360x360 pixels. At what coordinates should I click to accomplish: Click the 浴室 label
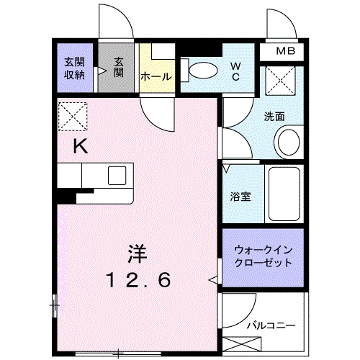(240, 197)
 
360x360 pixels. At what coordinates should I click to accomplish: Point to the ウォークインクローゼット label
(264, 256)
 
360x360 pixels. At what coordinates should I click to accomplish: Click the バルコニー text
(271, 325)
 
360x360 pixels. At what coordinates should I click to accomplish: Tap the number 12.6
(139, 281)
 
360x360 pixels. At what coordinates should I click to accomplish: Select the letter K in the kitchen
(81, 146)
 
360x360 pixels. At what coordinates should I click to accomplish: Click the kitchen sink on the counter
(117, 175)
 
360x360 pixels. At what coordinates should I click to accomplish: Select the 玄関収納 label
(76, 68)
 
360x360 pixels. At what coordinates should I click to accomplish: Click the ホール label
(155, 76)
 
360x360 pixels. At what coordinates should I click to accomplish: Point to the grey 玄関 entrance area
(117, 68)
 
